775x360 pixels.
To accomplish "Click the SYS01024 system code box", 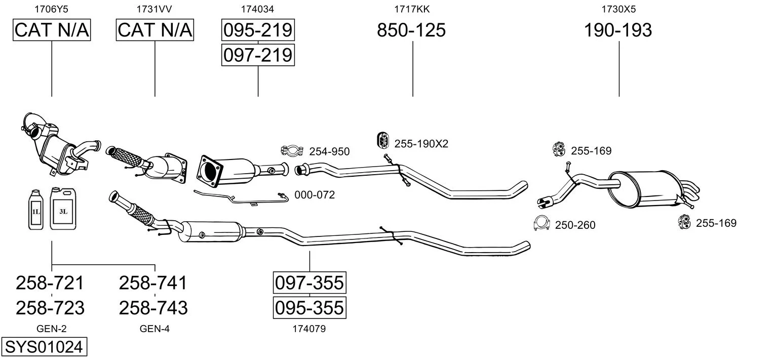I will click(x=44, y=347).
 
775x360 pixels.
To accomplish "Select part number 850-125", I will click(x=411, y=30).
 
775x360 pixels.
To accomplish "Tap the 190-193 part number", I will click(x=618, y=30).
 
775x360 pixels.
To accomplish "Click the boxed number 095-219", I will click(x=258, y=30).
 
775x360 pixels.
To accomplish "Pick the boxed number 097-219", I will click(x=258, y=55).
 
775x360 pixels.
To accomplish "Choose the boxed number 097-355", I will click(x=309, y=283).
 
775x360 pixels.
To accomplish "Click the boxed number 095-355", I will click(x=309, y=307).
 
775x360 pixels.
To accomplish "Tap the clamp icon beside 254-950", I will click(x=291, y=150).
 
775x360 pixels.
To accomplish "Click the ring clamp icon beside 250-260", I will click(x=542, y=223).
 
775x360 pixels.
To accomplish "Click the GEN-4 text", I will click(x=154, y=329).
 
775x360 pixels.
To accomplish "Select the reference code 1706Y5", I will click(x=51, y=9).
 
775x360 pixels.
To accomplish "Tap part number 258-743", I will click(x=153, y=307).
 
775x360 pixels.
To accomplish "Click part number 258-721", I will click(x=50, y=283).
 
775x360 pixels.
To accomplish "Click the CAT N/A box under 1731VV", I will click(x=155, y=30).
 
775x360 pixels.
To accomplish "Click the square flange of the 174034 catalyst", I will click(x=208, y=168).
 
